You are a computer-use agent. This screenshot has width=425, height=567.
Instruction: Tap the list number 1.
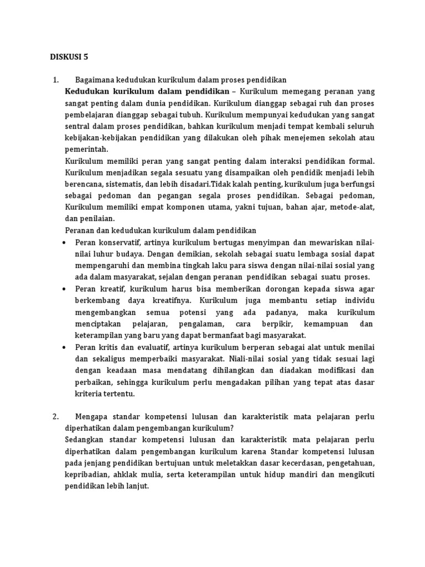(55, 80)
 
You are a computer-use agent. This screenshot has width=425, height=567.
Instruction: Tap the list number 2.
(55, 416)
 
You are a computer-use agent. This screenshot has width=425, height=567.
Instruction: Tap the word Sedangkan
(88, 439)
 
